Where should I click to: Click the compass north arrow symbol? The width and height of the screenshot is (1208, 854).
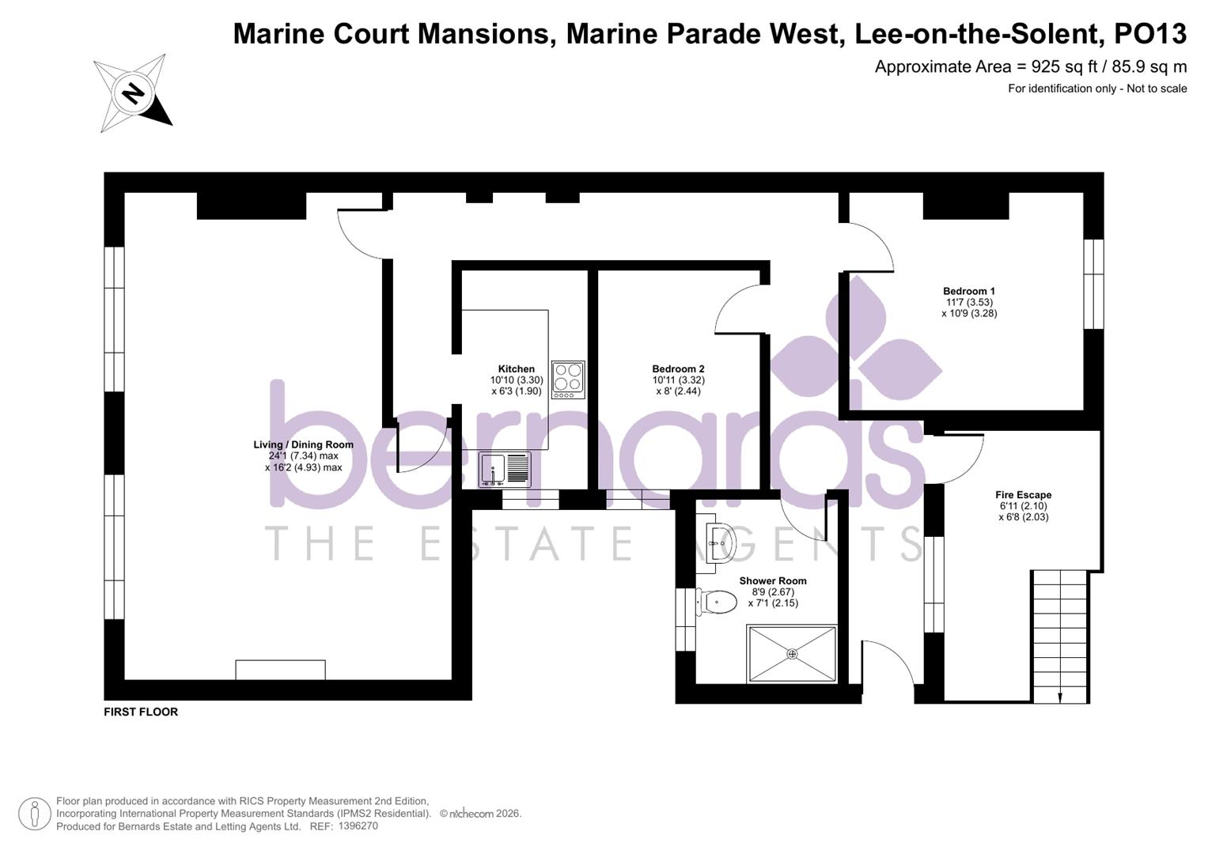tap(133, 93)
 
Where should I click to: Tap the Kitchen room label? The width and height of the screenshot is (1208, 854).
tap(516, 369)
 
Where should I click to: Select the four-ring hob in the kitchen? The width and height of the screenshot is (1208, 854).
tap(568, 379)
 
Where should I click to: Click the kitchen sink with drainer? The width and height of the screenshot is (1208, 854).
tap(505, 469)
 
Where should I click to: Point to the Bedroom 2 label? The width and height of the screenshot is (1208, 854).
tap(678, 369)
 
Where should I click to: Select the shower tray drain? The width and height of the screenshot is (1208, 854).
tap(792, 654)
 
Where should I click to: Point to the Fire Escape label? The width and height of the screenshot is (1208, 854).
tap(1023, 495)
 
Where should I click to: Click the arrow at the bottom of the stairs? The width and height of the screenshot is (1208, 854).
tap(1060, 695)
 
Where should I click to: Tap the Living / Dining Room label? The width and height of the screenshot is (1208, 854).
tap(303, 444)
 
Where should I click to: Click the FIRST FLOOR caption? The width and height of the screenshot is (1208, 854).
tap(141, 712)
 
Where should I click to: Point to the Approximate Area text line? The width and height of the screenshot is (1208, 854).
tap(1030, 67)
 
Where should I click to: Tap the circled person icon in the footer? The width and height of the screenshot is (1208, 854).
tap(34, 814)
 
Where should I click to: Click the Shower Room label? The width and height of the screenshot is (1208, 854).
tap(772, 581)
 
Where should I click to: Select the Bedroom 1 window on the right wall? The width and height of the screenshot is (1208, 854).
tap(1093, 283)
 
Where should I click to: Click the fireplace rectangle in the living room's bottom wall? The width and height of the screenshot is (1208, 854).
tap(280, 670)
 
